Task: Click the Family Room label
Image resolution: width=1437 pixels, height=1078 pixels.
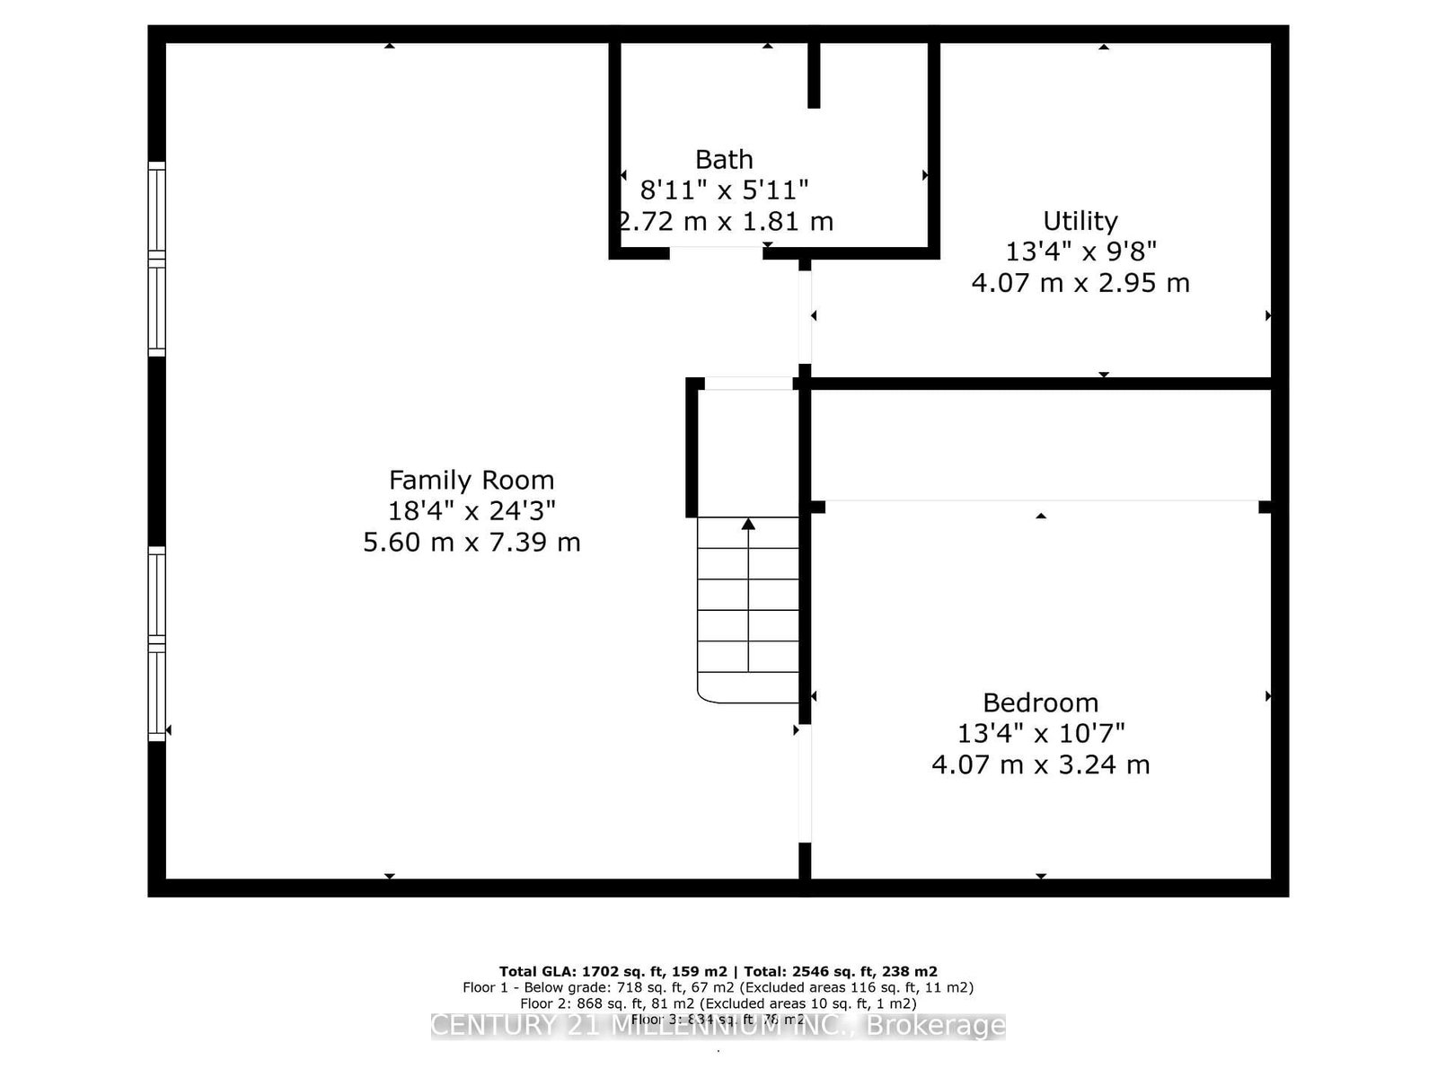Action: tap(471, 480)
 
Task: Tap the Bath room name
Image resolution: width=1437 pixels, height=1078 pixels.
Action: tap(724, 160)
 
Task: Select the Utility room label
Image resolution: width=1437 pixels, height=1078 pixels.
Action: tap(1080, 221)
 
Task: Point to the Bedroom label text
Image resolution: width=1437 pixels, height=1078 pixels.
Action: tap(1040, 702)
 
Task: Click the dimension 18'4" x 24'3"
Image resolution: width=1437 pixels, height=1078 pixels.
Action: tap(471, 511)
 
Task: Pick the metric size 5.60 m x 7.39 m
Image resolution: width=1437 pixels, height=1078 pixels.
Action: tap(471, 543)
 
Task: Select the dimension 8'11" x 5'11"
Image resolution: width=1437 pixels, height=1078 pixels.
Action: tap(724, 190)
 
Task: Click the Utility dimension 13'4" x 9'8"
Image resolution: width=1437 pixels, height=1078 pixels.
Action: tap(1080, 252)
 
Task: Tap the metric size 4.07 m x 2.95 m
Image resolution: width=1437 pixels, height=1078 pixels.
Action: tap(1080, 283)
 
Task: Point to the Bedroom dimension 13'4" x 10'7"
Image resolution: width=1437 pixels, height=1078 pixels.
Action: tap(1040, 733)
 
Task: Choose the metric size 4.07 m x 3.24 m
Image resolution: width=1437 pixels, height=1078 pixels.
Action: tap(1040, 764)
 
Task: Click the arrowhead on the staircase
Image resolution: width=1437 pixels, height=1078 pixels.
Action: tap(748, 524)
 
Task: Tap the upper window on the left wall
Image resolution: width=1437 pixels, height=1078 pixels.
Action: tap(157, 260)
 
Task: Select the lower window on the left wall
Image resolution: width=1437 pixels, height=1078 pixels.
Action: tap(157, 643)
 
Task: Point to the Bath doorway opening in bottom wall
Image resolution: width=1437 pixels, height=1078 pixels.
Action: tap(716, 252)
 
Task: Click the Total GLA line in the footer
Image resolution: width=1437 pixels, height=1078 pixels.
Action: tap(718, 971)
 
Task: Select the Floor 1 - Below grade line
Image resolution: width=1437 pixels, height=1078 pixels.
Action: tap(718, 987)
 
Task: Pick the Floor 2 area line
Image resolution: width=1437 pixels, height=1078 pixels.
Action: tap(718, 1003)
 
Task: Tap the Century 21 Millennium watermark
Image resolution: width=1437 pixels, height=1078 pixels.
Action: tap(718, 1026)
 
